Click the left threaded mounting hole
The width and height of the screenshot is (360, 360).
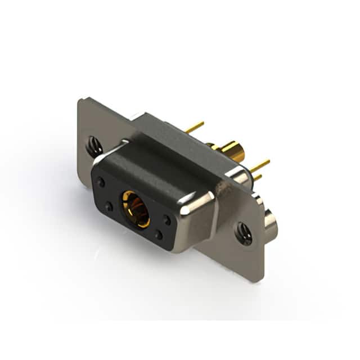pyautogui.click(x=94, y=147)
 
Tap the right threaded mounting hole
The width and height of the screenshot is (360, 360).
pyautogui.click(x=244, y=233)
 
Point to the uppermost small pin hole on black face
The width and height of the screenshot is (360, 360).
pyautogui.click(x=101, y=182)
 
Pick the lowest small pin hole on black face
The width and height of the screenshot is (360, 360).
pyautogui.click(x=159, y=235)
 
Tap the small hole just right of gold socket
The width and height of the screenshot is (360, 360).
pyautogui.click(x=167, y=220)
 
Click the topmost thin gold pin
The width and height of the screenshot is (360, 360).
pyautogui.click(x=195, y=128)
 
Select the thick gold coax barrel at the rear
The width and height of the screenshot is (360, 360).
pyautogui.click(x=232, y=151)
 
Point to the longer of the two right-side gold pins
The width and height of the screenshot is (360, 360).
pyautogui.click(x=260, y=166)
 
